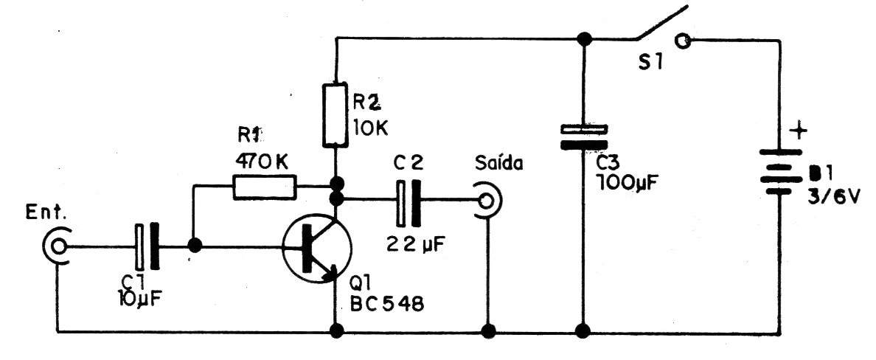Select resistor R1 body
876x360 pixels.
click(x=264, y=187)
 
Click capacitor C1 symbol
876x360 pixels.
click(x=147, y=246)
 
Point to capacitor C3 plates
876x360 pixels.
click(x=583, y=137)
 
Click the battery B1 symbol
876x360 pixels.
click(x=780, y=172)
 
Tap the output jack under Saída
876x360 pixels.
click(x=487, y=200)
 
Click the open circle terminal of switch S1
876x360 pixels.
click(x=682, y=41)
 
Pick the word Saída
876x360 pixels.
click(x=499, y=164)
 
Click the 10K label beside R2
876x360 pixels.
click(x=370, y=128)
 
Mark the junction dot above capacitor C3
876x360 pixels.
click(x=584, y=39)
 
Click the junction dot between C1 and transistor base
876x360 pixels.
click(x=195, y=246)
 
